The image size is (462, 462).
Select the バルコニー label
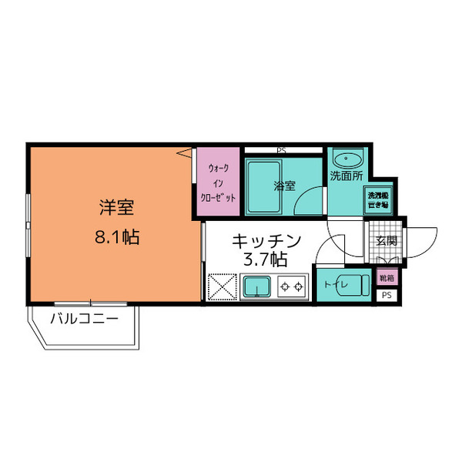[85, 318]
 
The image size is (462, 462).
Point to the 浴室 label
[285, 186]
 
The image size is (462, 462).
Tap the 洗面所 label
[345, 176]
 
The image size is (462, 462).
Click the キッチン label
[266, 239]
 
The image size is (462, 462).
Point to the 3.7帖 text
[266, 259]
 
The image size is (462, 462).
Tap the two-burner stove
[291, 287]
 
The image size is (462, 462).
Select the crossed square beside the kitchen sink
[223, 288]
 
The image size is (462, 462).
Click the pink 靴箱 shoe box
[386, 278]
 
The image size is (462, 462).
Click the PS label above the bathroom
[281, 149]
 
